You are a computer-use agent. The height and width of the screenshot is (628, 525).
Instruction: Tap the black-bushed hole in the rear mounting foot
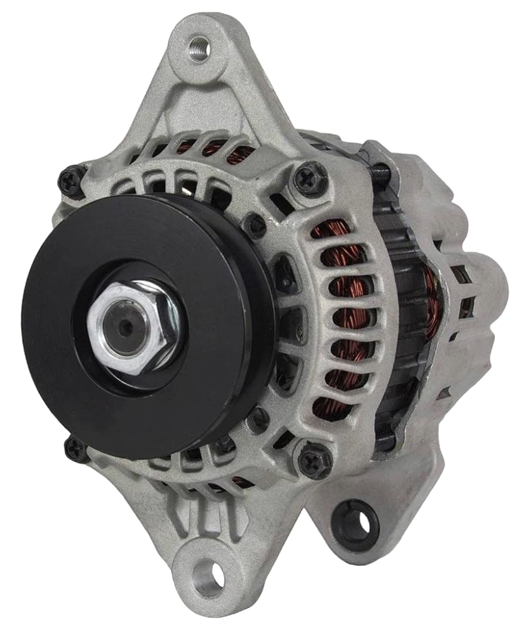[356, 522]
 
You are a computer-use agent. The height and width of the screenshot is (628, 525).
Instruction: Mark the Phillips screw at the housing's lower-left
[74, 447]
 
